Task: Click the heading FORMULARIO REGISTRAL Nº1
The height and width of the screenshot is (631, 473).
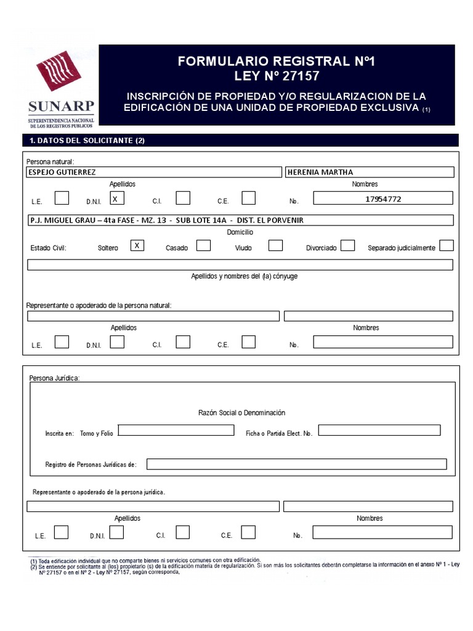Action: pyautogui.click(x=276, y=62)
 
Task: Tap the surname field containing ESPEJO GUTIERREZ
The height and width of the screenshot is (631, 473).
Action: pyautogui.click(x=154, y=172)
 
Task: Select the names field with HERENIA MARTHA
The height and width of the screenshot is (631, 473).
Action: pyautogui.click(x=370, y=172)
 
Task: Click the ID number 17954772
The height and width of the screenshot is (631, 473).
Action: pyautogui.click(x=383, y=198)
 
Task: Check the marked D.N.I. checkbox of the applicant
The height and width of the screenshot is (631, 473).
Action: pyautogui.click(x=116, y=198)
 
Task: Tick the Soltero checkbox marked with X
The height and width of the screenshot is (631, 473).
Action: pyautogui.click(x=139, y=245)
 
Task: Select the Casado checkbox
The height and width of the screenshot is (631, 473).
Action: pyautogui.click(x=203, y=245)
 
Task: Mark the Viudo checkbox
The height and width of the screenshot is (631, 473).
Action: pyautogui.click(x=275, y=245)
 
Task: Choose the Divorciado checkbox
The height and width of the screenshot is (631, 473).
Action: pyautogui.click(x=347, y=245)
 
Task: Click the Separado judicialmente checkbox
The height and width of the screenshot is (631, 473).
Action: pyautogui.click(x=447, y=245)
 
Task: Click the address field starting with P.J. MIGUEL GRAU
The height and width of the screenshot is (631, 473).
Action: pyautogui.click(x=240, y=220)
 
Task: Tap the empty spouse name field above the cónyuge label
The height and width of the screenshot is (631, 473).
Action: pyautogui.click(x=240, y=265)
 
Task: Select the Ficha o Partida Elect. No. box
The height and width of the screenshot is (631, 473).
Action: pyautogui.click(x=379, y=430)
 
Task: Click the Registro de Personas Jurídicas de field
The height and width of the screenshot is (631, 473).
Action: pyautogui.click(x=296, y=464)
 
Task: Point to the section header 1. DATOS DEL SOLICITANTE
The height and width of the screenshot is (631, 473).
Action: pyautogui.click(x=87, y=140)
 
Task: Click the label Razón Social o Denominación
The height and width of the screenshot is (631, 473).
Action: pyautogui.click(x=242, y=413)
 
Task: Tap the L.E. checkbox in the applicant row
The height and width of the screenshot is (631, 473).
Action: pyautogui.click(x=62, y=198)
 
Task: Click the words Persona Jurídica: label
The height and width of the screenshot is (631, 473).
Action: pyautogui.click(x=54, y=377)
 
